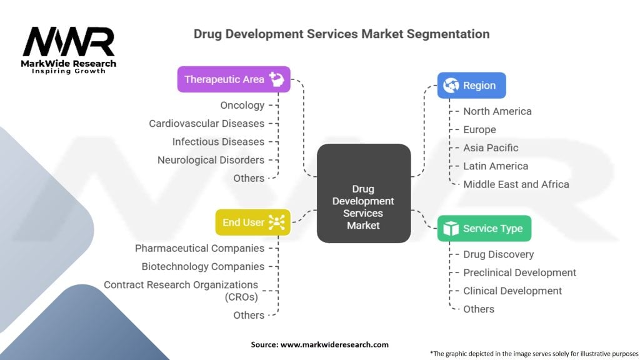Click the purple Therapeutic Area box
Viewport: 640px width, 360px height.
(x=234, y=79)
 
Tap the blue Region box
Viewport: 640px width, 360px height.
(x=471, y=86)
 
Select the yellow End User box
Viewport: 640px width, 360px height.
(x=252, y=222)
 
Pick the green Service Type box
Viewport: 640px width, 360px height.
(x=484, y=229)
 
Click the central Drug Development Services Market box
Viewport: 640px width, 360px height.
(x=363, y=193)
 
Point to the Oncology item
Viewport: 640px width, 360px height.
(x=242, y=106)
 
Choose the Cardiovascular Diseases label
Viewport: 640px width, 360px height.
(x=206, y=124)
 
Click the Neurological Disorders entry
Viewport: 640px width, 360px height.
(x=211, y=160)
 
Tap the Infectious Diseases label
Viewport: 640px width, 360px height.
(x=218, y=142)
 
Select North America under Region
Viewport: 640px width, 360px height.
(x=497, y=111)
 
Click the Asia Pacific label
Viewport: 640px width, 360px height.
(x=491, y=148)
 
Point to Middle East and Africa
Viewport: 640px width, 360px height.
(x=516, y=184)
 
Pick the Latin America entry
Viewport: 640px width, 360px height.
(x=496, y=166)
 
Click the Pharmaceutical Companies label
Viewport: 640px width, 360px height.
(x=199, y=248)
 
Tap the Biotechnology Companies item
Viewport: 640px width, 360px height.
(x=202, y=266)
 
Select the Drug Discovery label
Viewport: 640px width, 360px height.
(x=498, y=254)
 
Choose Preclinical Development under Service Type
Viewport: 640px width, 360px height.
(x=519, y=272)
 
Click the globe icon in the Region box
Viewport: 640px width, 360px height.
(x=450, y=86)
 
